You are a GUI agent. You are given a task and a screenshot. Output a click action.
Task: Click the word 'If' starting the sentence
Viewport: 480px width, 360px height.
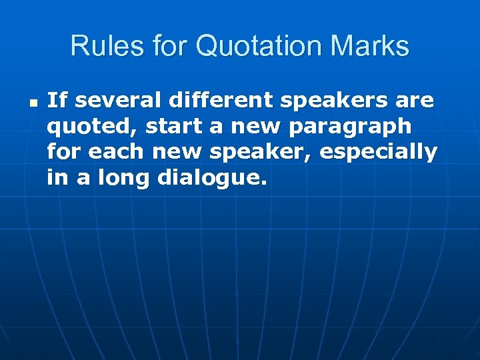coord(57,101)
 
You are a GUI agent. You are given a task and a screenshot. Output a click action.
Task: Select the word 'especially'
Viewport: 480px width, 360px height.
coord(379,153)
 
